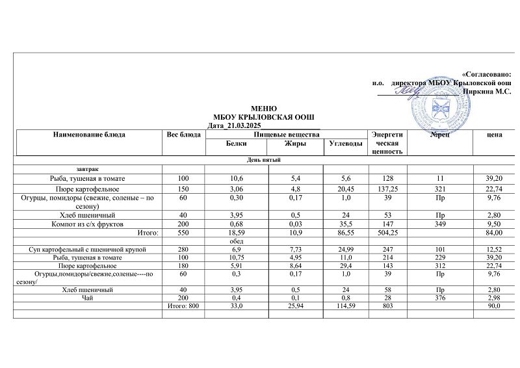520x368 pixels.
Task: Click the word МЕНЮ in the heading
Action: (x=264, y=108)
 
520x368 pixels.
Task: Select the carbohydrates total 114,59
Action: (x=344, y=306)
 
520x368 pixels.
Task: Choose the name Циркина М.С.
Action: (x=485, y=92)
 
